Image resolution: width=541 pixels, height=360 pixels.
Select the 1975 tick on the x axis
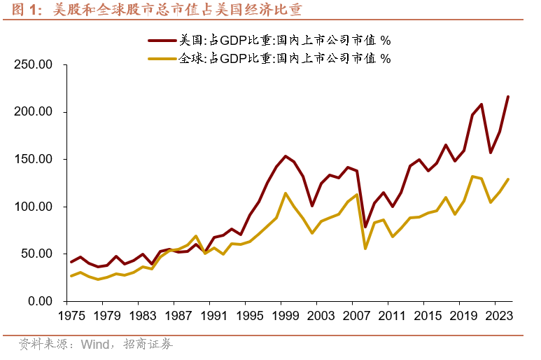pos(71,316)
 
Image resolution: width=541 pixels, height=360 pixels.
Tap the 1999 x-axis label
pos(286,316)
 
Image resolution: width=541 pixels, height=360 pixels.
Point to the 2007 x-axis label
pos(357,316)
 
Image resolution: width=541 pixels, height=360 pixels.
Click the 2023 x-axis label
pos(500,316)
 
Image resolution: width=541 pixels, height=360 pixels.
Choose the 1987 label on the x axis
pos(178,316)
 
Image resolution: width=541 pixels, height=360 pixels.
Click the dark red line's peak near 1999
pos(286,156)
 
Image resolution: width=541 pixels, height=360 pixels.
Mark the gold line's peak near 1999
pos(286,193)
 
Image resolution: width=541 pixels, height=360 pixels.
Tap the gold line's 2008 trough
pos(365,249)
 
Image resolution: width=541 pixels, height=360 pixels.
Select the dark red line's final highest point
pos(508,97)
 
